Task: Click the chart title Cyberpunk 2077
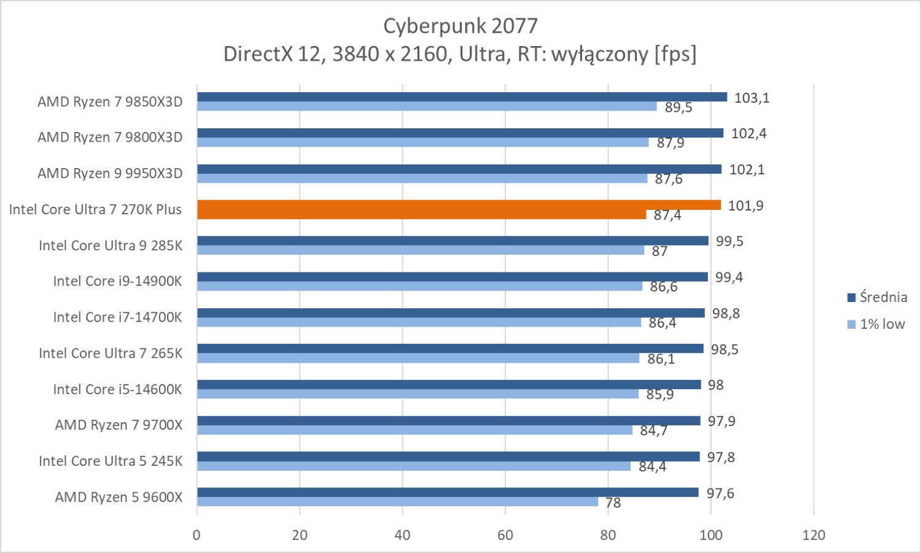[460, 26]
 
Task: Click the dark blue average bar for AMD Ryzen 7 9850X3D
[462, 97]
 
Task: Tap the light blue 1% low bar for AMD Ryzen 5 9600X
[397, 502]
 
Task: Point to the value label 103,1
[752, 98]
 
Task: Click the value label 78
[613, 503]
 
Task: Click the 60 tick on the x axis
[505, 535]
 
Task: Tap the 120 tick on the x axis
[814, 535]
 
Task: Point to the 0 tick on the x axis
[196, 535]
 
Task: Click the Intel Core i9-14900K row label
[117, 281]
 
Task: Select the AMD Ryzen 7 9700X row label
[119, 425]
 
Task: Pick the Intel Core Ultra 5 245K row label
[111, 461]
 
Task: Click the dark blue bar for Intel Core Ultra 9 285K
[453, 241]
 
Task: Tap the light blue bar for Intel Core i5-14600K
[418, 394]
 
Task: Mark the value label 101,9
[745, 206]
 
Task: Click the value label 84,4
[652, 467]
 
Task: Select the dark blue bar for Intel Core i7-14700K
[451, 313]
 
